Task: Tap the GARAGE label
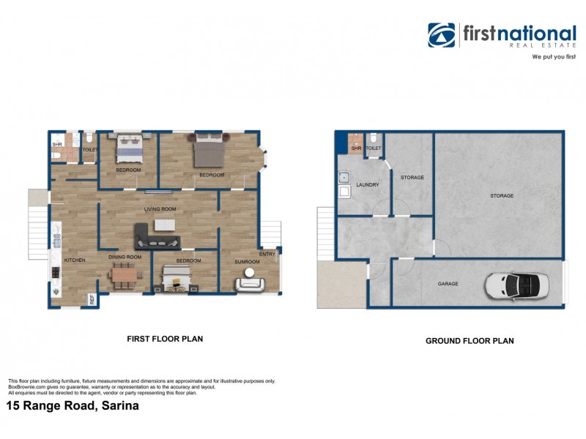pyautogui.click(x=448, y=283)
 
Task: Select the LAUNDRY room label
pyautogui.click(x=367, y=185)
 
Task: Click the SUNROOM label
pyautogui.click(x=246, y=261)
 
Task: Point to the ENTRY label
pyautogui.click(x=268, y=254)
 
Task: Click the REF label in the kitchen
pyautogui.click(x=92, y=299)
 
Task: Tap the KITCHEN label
pyautogui.click(x=75, y=260)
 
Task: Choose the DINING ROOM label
pyautogui.click(x=125, y=257)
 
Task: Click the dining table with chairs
pyautogui.click(x=126, y=275)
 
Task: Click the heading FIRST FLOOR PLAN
pyautogui.click(x=165, y=339)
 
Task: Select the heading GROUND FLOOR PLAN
pyautogui.click(x=470, y=341)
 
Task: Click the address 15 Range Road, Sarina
pyautogui.click(x=72, y=405)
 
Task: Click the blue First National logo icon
pyautogui.click(x=442, y=35)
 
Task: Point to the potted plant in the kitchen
pyautogui.click(x=57, y=293)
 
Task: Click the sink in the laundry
pyautogui.click(x=343, y=177)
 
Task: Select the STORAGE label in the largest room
pyautogui.click(x=502, y=195)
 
